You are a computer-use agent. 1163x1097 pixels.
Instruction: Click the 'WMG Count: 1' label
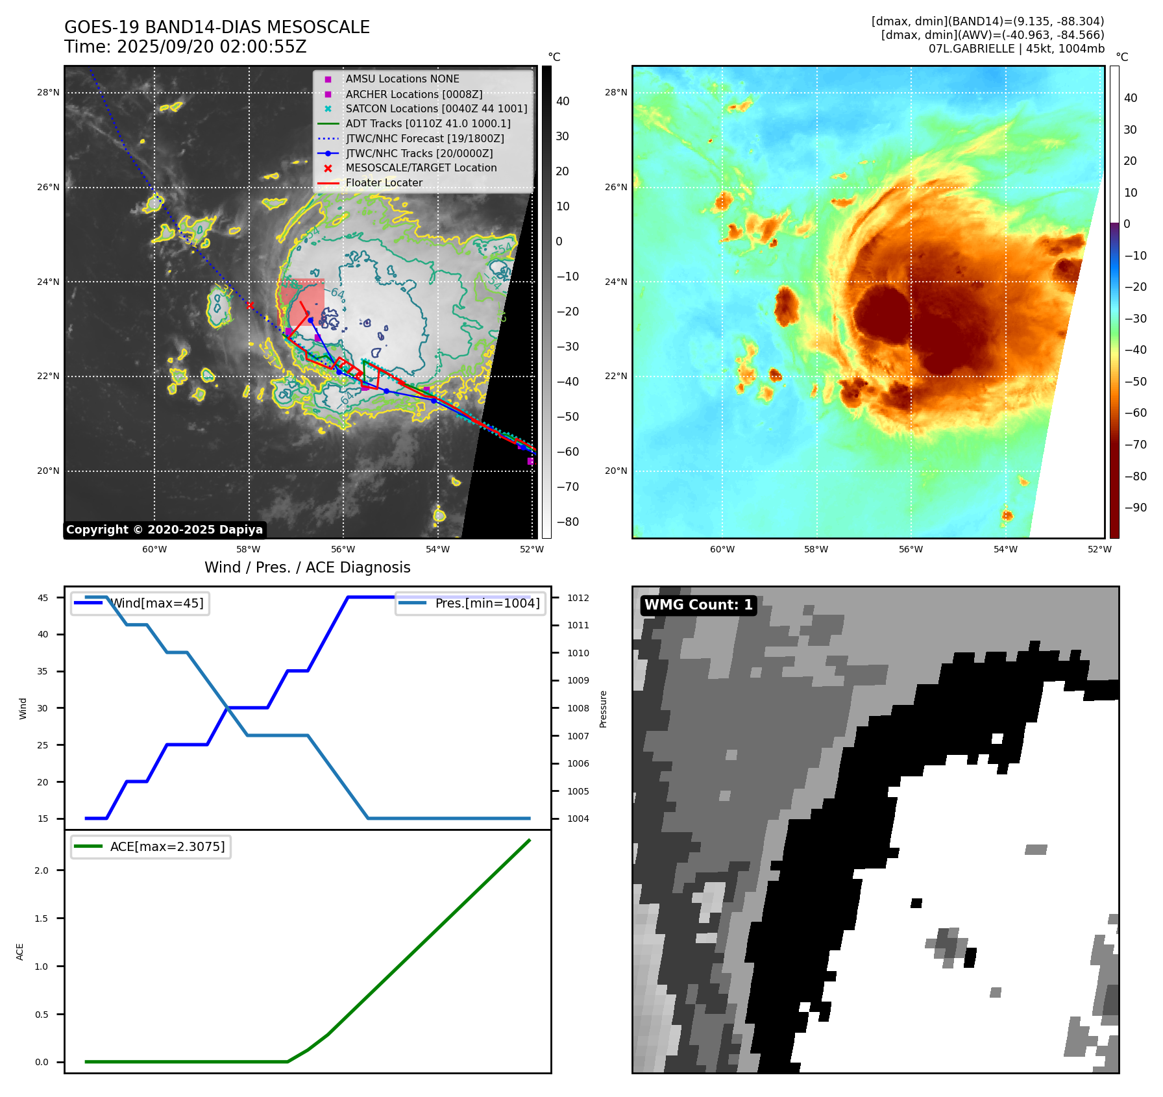[698, 605]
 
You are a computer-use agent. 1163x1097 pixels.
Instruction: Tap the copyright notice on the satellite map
[164, 530]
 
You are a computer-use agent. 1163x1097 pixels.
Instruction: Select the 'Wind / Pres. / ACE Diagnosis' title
[307, 568]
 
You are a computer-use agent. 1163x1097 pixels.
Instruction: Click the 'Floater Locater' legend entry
[384, 183]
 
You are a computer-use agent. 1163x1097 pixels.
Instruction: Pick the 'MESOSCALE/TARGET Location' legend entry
[421, 168]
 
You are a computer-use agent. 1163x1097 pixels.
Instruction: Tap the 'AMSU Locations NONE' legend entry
[402, 79]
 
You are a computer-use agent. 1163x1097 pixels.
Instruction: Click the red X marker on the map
[250, 305]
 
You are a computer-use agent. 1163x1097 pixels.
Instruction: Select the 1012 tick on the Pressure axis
[578, 598]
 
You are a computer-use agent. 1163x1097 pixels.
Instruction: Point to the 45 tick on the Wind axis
[43, 598]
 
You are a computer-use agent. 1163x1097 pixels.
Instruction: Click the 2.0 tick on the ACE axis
[42, 870]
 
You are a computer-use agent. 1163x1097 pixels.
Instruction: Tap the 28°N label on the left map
[48, 93]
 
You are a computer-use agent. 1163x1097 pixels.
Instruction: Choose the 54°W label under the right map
[1005, 550]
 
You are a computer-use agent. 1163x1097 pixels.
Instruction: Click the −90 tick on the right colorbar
[1135, 508]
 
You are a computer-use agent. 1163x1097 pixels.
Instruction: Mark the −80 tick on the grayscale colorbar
[567, 522]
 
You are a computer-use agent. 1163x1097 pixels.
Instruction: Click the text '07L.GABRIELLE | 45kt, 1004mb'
[1016, 49]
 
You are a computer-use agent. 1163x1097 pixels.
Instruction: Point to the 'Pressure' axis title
[603, 709]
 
